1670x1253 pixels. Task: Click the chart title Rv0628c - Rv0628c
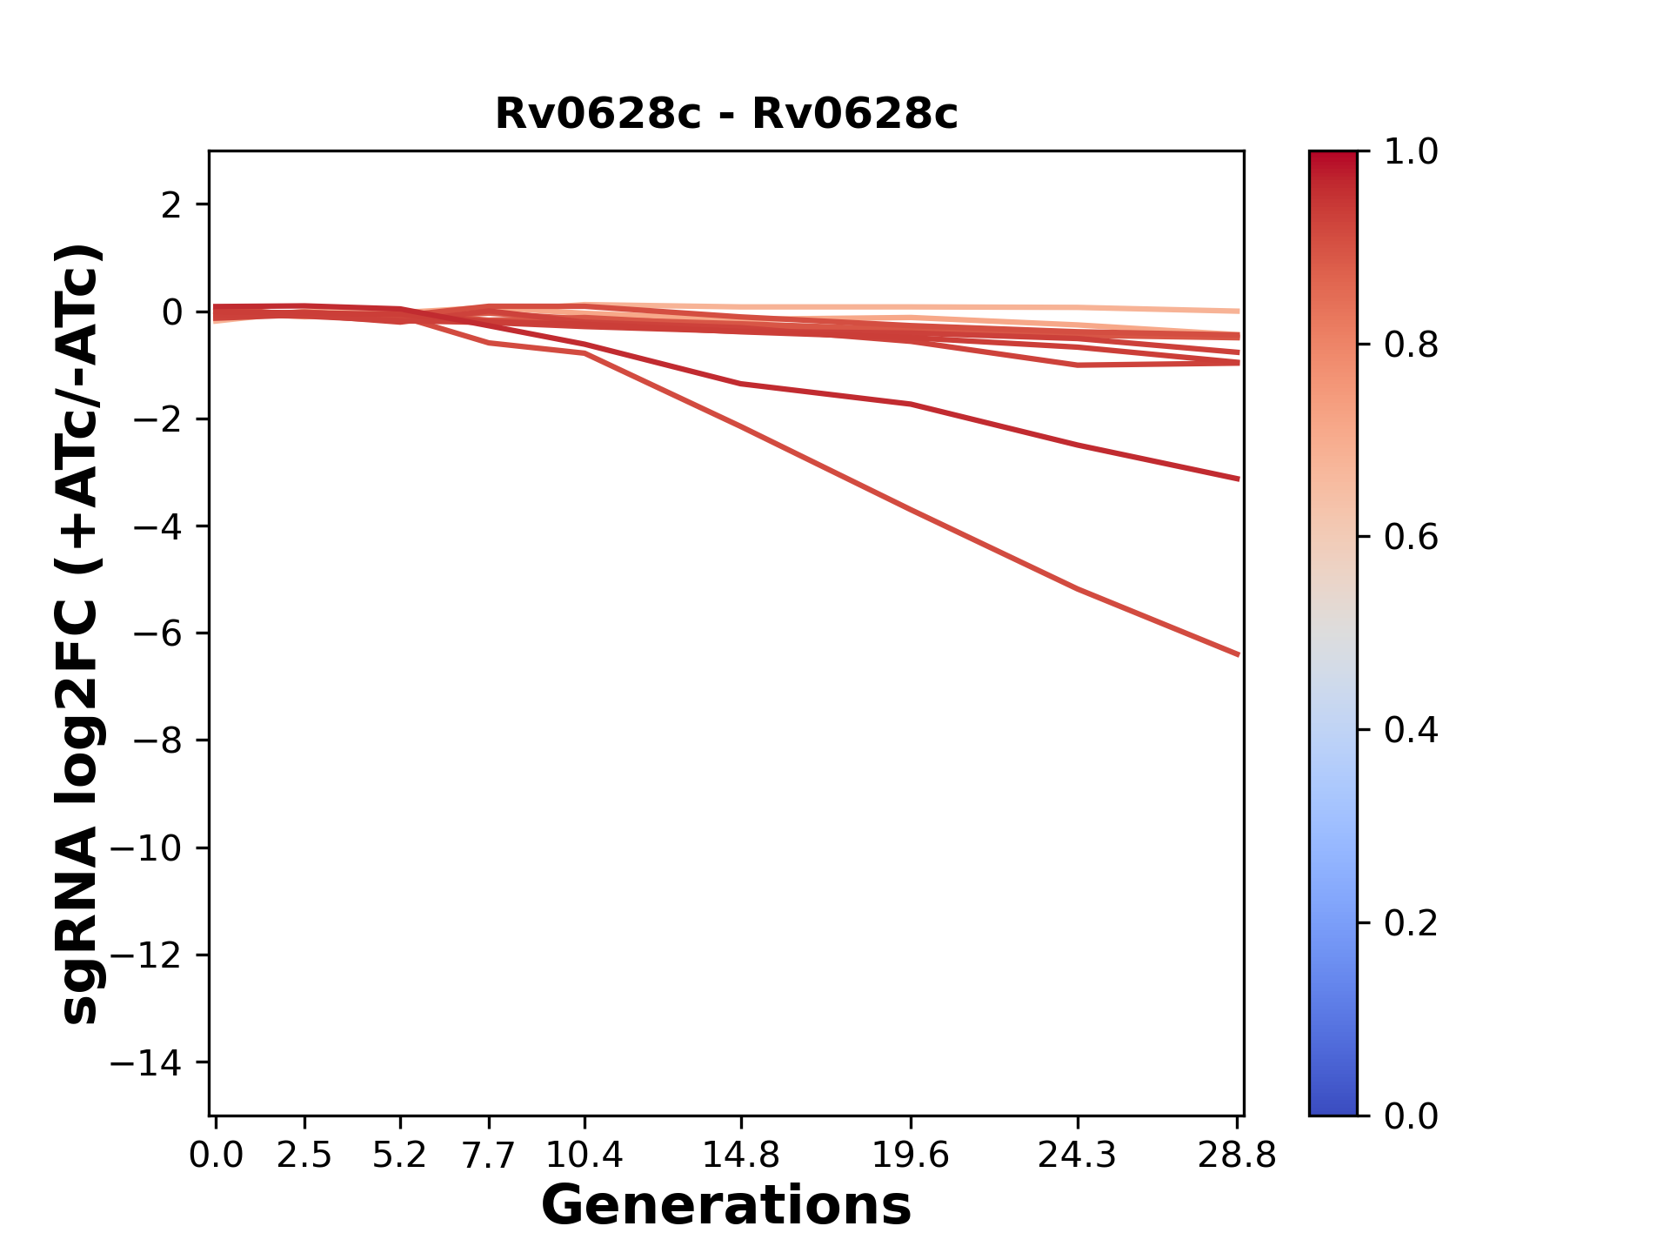pos(725,114)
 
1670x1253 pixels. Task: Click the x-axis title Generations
pos(725,1206)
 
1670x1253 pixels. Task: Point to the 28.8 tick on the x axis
pos(1237,1156)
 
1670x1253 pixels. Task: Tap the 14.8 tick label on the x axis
pos(740,1156)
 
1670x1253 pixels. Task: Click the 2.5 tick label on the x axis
pos(304,1156)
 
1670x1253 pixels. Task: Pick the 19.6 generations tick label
pos(910,1156)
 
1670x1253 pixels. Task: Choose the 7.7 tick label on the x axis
pos(489,1156)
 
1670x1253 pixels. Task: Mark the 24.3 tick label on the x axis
pos(1077,1156)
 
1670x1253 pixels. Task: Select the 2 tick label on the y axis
pos(171,205)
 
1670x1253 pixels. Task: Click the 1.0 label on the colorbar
pos(1410,152)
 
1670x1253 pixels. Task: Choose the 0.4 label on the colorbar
pos(1410,730)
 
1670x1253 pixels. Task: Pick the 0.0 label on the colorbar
pos(1410,1116)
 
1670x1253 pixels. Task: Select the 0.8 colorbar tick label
pos(1410,345)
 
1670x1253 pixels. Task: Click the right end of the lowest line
pos(1236,653)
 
